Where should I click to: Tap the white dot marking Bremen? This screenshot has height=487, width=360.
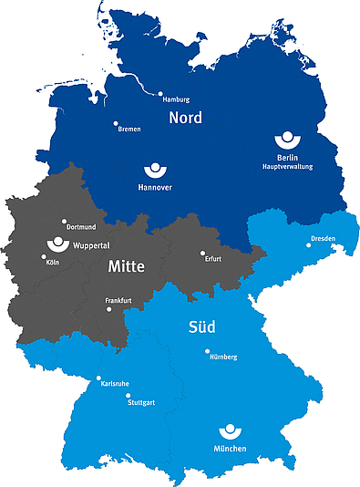[x=116, y=123]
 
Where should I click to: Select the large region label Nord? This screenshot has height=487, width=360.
[x=185, y=119]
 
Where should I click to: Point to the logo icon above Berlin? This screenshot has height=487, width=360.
[x=287, y=141]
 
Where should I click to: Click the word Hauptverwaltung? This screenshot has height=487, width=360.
[x=288, y=168]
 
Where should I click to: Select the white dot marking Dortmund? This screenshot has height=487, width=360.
[x=64, y=221]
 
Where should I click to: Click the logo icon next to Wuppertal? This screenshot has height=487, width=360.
[x=57, y=243]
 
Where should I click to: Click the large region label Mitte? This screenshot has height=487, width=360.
[x=128, y=267]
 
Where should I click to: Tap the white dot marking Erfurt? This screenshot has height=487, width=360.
[x=202, y=254]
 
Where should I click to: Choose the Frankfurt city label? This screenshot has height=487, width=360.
[x=118, y=299]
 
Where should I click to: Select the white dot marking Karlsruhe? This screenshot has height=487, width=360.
[x=98, y=378]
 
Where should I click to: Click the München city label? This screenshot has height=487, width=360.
[x=231, y=451]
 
